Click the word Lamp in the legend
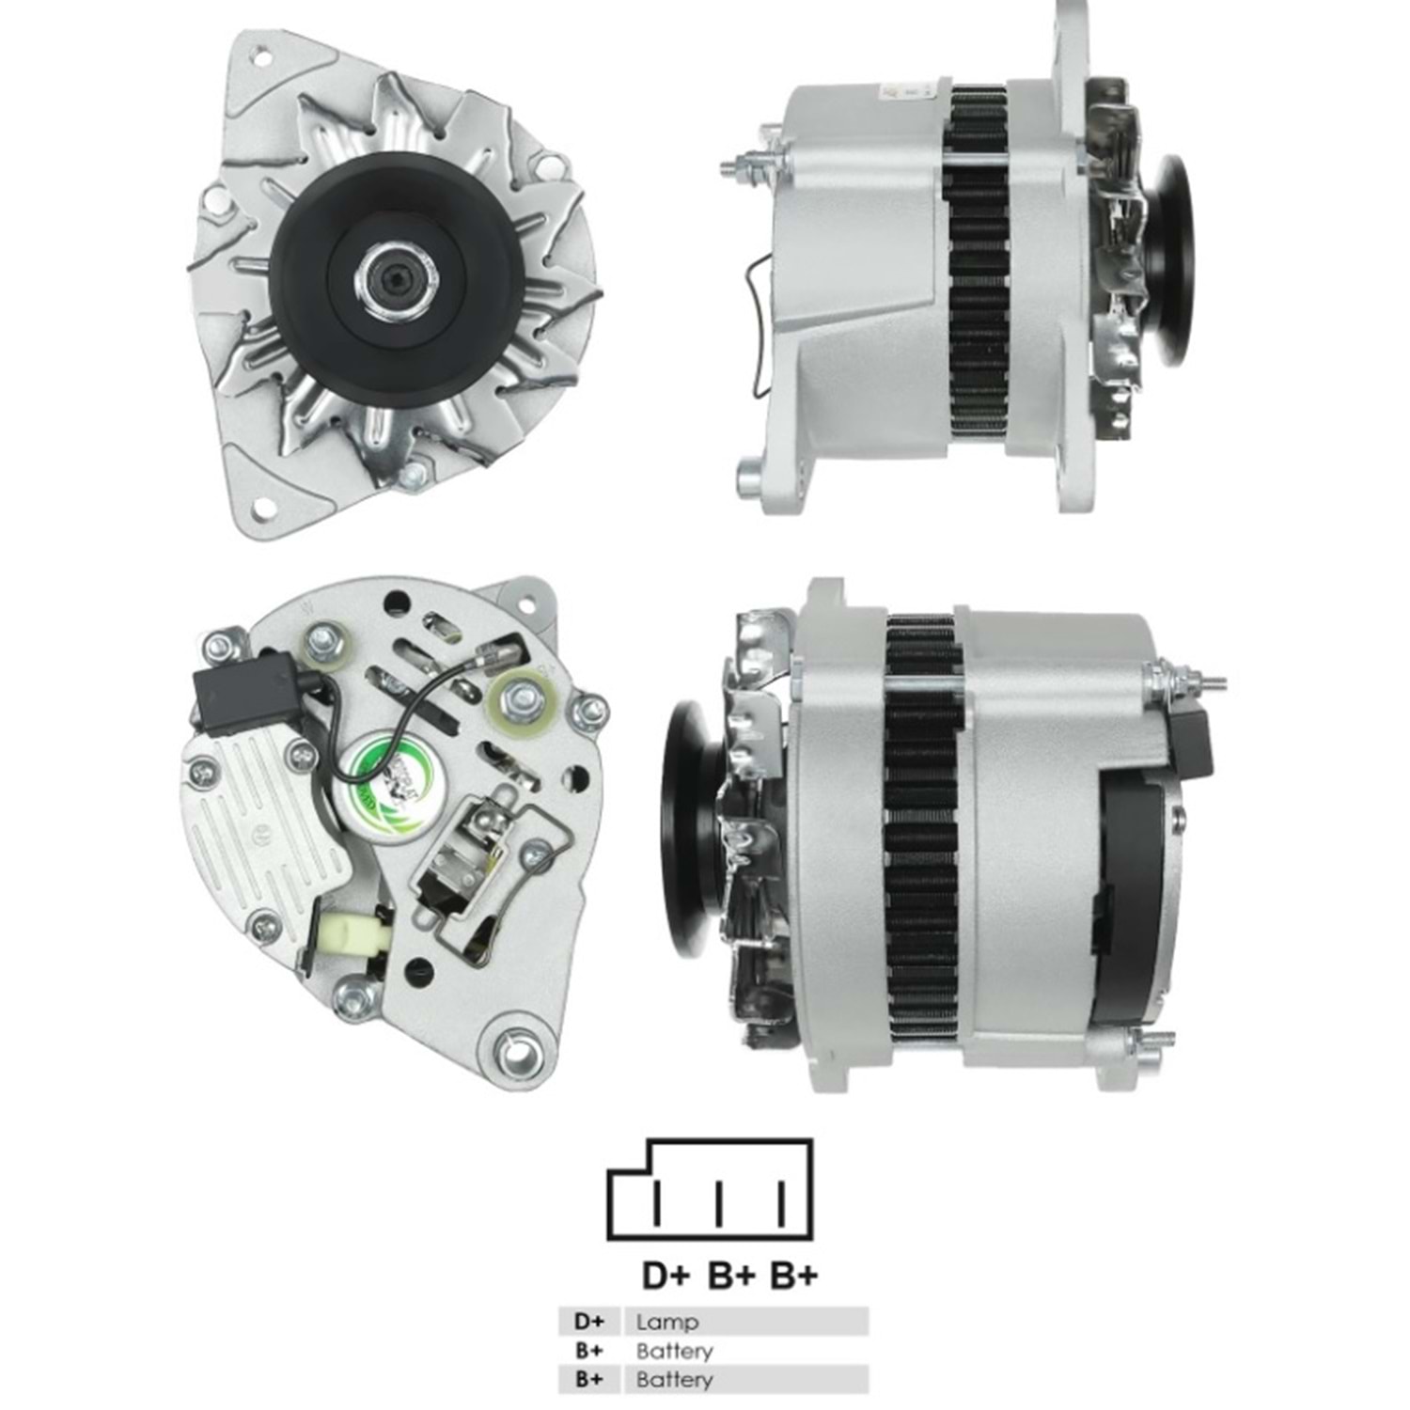tap(666, 1322)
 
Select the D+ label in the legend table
tap(589, 1322)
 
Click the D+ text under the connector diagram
tap(666, 1276)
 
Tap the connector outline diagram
tap(711, 1189)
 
